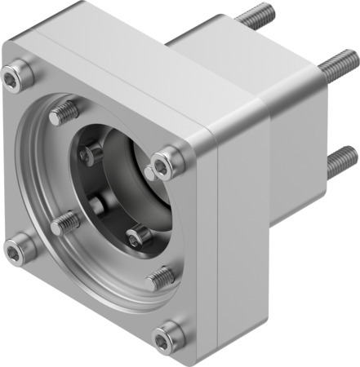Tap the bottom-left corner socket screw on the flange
18,250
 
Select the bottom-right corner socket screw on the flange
167,335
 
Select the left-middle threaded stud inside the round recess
65,222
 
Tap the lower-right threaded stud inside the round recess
161,277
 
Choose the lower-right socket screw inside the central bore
139,237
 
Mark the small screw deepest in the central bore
97,204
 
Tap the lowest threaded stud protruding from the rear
340,160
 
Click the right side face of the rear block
298,147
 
